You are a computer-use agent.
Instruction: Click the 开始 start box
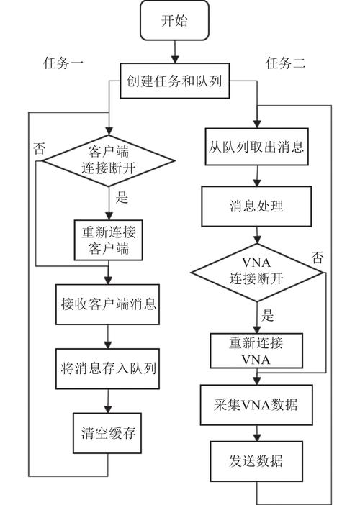click(x=174, y=21)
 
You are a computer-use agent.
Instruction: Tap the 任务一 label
click(x=63, y=63)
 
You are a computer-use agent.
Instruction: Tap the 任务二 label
click(x=286, y=63)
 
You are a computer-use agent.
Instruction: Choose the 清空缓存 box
click(x=107, y=434)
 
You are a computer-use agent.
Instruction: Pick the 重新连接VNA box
click(x=257, y=350)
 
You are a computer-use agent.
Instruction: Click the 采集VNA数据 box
click(x=257, y=406)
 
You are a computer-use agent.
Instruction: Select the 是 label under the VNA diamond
click(x=268, y=315)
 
